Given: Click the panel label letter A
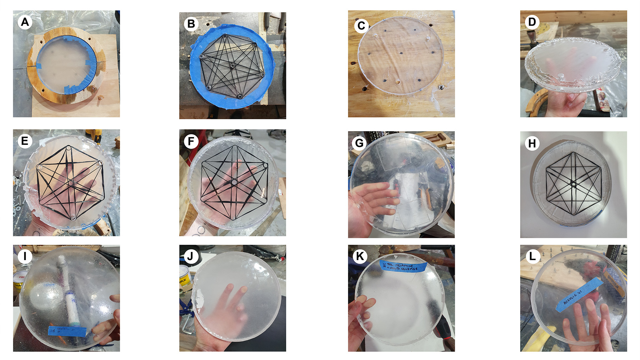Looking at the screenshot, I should (x=25, y=22).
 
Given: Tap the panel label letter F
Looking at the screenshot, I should (x=191, y=142).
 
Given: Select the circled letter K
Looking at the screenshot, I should (x=360, y=256).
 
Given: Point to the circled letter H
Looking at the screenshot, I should (x=532, y=143).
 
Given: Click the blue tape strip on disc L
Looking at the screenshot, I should (x=579, y=295).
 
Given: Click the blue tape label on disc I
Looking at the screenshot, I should (x=67, y=331).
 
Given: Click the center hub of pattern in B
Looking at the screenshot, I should (x=232, y=65).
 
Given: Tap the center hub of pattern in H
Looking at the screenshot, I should (x=573, y=183).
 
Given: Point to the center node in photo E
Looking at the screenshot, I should (x=71, y=183).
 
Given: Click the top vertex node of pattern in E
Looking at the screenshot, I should (x=68, y=148).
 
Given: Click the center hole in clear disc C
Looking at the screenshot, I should (x=401, y=54).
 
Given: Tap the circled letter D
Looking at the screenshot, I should (x=532, y=22).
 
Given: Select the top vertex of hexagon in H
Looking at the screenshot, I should (x=573, y=153).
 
